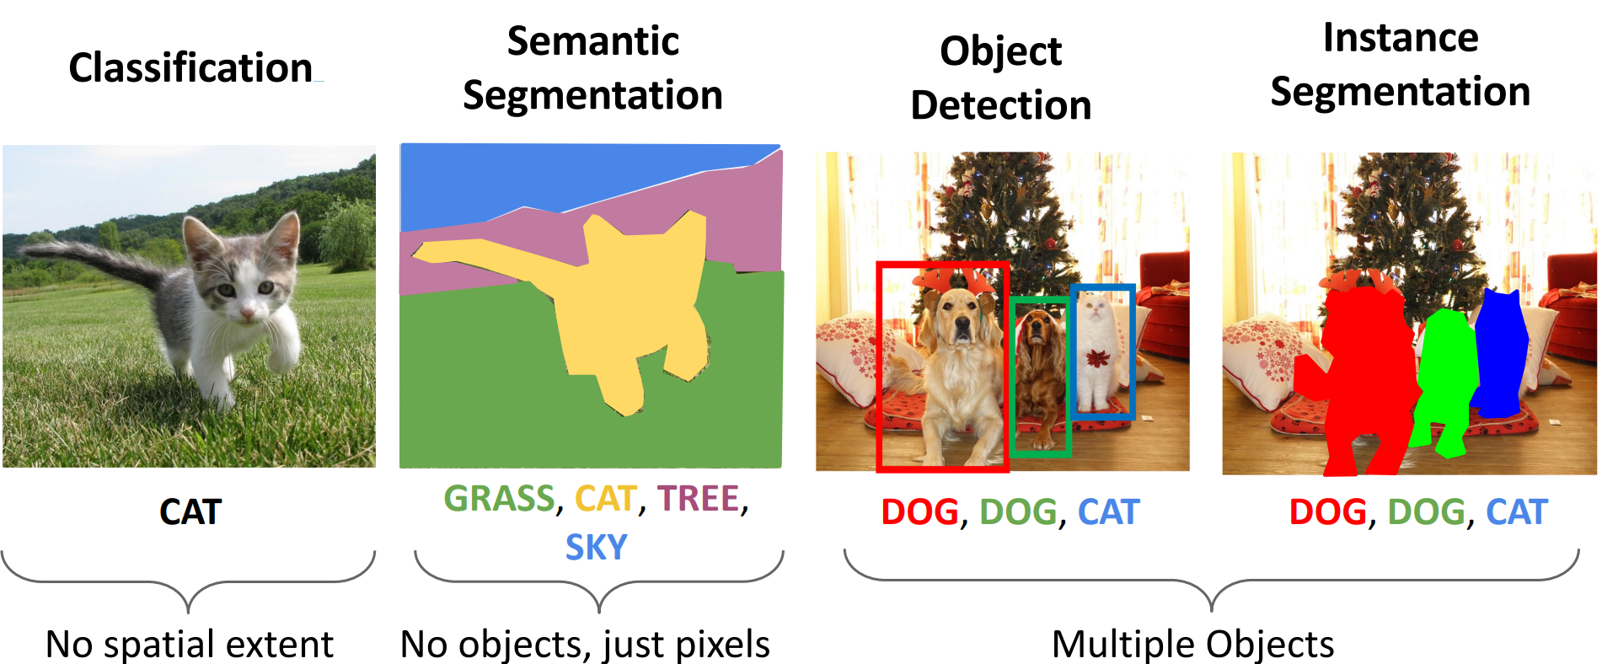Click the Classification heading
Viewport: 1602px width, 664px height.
[190, 67]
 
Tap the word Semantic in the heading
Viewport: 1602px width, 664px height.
[592, 40]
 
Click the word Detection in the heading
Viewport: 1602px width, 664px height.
[1000, 105]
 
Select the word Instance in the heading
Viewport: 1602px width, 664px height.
[1400, 38]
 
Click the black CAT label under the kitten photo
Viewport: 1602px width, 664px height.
[190, 512]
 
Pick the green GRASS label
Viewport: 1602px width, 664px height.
[499, 499]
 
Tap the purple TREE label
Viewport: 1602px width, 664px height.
[698, 499]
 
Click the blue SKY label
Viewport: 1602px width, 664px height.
[596, 548]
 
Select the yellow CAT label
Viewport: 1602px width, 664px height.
[604, 499]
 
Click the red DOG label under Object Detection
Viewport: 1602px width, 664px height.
[919, 512]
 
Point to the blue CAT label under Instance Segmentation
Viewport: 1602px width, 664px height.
[1516, 512]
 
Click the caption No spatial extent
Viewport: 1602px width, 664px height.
[190, 645]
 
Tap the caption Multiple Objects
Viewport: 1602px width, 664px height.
[1192, 645]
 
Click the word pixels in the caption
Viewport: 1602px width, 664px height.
[722, 645]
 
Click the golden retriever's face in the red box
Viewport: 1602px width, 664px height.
[958, 316]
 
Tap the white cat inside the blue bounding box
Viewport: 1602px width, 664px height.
[1097, 354]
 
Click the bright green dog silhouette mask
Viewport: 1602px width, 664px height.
[1447, 371]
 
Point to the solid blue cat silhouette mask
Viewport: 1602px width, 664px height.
[1501, 350]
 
